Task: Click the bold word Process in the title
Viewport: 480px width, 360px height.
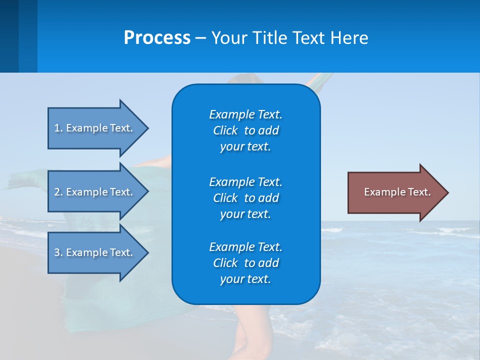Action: click(x=157, y=38)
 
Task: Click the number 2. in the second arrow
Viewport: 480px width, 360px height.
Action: click(x=58, y=192)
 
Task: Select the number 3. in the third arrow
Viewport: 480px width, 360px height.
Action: click(x=58, y=252)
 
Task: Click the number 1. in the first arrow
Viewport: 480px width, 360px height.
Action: click(x=58, y=128)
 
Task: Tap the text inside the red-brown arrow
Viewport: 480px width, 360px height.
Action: click(x=397, y=192)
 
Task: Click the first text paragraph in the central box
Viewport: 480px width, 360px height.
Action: click(x=245, y=130)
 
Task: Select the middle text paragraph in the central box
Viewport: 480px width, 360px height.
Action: click(x=245, y=197)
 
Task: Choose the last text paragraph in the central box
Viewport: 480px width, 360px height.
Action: click(x=245, y=263)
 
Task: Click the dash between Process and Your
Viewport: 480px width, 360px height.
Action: click(x=200, y=38)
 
